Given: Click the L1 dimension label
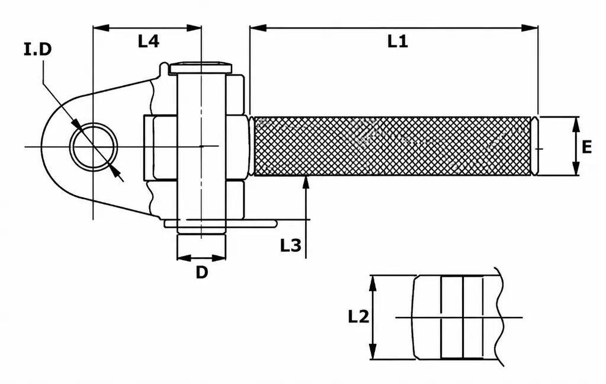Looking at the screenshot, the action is coord(397,41).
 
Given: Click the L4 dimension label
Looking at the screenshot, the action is coord(149,41).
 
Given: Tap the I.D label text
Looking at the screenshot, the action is coord(37,49).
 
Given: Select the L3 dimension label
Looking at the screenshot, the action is coord(291,245).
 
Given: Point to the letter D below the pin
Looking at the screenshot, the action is coord(202,272).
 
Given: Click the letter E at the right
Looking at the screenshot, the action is coord(586,147).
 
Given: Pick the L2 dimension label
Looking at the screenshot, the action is coord(358,316).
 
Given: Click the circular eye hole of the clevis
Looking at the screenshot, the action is coord(94,146).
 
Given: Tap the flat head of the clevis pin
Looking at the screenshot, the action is coord(201,68).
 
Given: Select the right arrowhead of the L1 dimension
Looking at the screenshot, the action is coord(530,28).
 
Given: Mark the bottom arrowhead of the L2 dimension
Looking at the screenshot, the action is coord(373,351).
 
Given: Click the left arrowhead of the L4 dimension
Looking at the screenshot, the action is coord(101,28).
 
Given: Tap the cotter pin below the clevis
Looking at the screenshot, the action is coord(221,223).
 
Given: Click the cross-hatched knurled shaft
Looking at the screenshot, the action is coord(393,146).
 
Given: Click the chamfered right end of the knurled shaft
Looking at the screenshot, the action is coord(535,146).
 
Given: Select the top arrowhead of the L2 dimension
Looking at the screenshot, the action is coord(373,283).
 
